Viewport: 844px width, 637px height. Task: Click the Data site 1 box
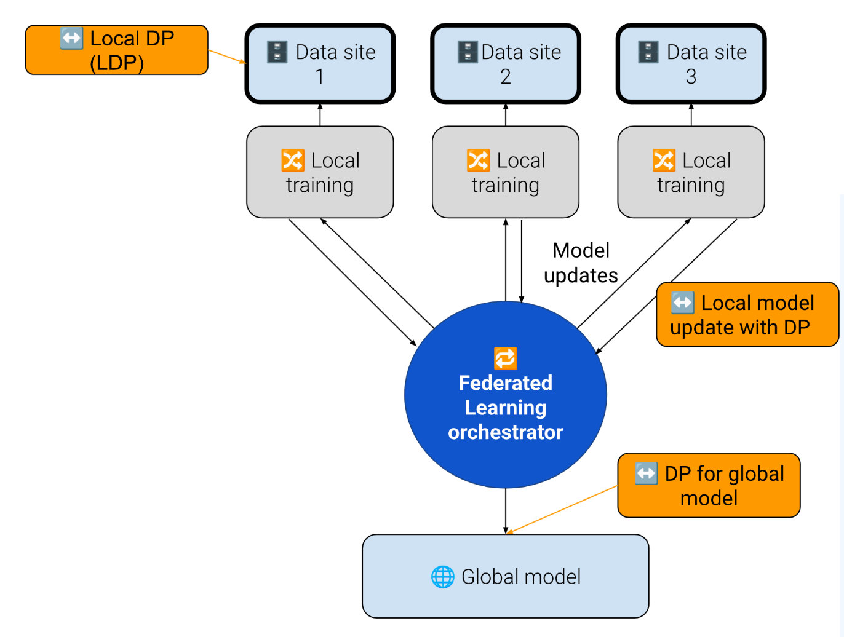pyautogui.click(x=320, y=64)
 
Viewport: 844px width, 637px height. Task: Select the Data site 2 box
pyautogui.click(x=506, y=64)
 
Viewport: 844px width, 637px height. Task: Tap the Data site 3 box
pyautogui.click(x=691, y=64)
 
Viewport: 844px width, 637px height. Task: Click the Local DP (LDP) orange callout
pyautogui.click(x=117, y=50)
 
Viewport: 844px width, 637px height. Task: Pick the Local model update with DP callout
pyautogui.click(x=747, y=315)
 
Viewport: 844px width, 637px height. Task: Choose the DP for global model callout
pyautogui.click(x=709, y=485)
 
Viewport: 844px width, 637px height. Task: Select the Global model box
pyautogui.click(x=506, y=576)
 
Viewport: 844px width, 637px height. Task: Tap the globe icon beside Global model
pyautogui.click(x=442, y=577)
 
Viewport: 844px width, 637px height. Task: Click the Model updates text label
pyautogui.click(x=581, y=263)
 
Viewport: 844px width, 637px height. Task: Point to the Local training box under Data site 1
pyautogui.click(x=320, y=172)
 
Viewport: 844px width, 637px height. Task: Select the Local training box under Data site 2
pyautogui.click(x=506, y=172)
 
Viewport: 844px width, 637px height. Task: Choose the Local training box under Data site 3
pyautogui.click(x=691, y=172)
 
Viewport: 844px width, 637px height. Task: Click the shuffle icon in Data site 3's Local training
pyautogui.click(x=664, y=160)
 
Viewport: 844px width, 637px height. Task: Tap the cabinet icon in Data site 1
pyautogui.click(x=277, y=52)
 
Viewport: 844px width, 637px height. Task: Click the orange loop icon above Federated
pyautogui.click(x=506, y=358)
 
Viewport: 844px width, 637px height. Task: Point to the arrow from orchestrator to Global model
pyautogui.click(x=506, y=510)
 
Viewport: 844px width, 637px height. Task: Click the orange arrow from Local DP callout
pyautogui.click(x=227, y=57)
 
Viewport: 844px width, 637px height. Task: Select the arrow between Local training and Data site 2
pyautogui.click(x=506, y=115)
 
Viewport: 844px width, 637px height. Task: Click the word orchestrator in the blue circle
pyautogui.click(x=506, y=432)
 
